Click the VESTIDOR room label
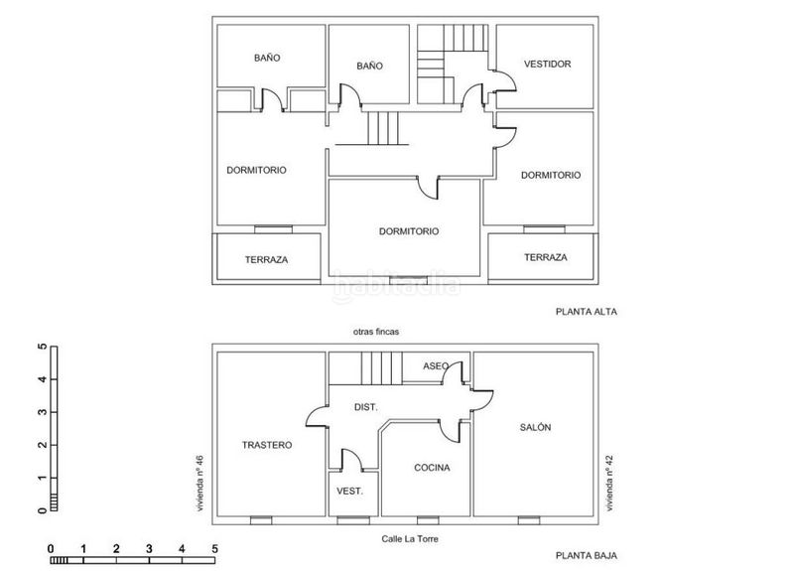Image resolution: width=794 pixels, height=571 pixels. [x=548, y=64]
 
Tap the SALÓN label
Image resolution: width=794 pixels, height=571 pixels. [x=535, y=427]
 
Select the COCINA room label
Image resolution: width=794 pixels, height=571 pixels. [x=432, y=468]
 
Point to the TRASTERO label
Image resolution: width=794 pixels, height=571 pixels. [x=267, y=445]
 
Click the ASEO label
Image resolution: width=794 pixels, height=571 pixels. [x=436, y=365]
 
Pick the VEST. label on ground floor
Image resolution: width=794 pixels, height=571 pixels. [x=350, y=491]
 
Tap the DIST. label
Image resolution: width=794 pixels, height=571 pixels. [x=365, y=407]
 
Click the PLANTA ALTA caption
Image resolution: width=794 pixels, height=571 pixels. [x=587, y=312]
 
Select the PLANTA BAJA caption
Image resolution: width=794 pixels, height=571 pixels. [x=587, y=555]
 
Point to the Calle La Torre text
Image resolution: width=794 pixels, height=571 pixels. [x=410, y=538]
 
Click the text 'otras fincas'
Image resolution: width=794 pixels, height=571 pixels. [x=376, y=332]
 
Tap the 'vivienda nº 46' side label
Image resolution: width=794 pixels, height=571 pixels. [x=200, y=483]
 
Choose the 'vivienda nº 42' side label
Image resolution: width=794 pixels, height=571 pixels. [x=609, y=483]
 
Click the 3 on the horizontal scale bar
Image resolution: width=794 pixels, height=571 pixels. [x=149, y=549]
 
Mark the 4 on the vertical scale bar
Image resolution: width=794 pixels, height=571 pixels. [x=43, y=379]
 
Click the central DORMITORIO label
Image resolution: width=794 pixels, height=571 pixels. [x=409, y=231]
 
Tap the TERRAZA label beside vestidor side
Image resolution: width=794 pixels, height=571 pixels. [x=545, y=257]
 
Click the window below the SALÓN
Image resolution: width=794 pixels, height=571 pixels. [x=529, y=520]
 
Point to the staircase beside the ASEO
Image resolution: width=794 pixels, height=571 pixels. [x=382, y=368]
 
